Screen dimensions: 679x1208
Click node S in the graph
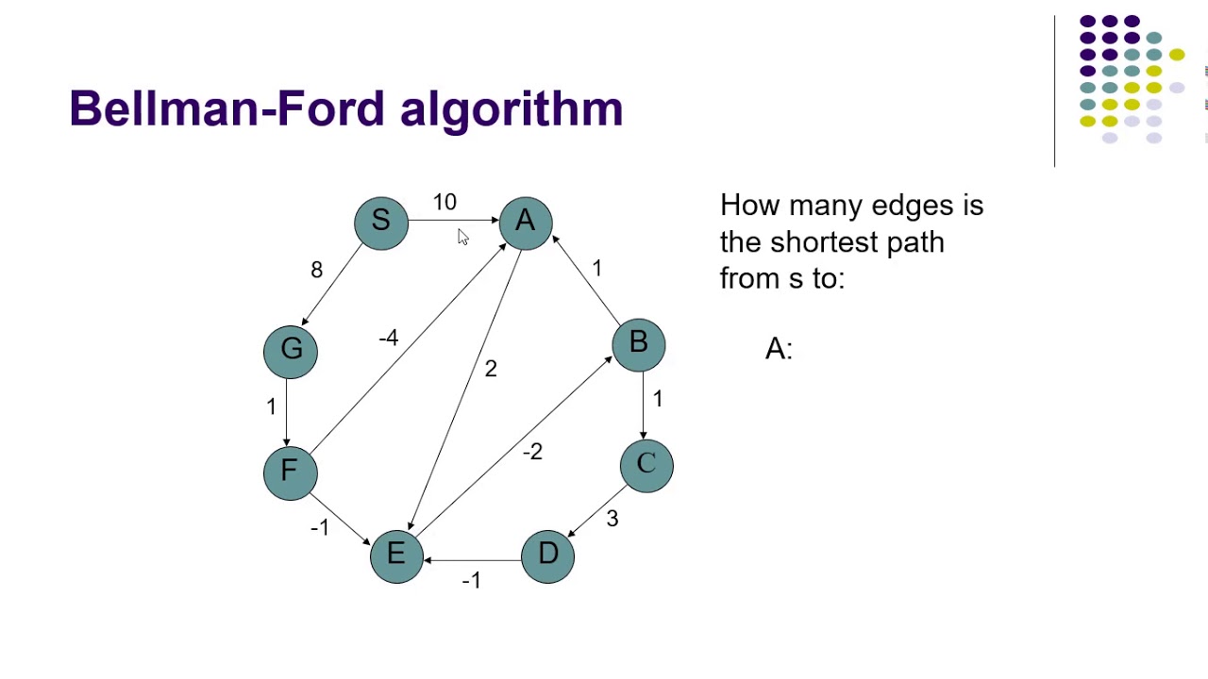381,223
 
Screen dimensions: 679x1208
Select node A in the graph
526,223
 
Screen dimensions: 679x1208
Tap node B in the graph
639,344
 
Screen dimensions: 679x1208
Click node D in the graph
547,555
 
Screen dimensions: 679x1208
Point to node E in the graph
396,555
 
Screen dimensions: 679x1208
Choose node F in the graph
290,472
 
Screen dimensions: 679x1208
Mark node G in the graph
291,351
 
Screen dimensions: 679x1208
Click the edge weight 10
445,203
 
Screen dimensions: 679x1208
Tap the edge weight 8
316,271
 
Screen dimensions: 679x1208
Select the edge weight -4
388,338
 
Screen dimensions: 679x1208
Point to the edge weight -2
532,452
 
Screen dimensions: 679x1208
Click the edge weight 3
612,519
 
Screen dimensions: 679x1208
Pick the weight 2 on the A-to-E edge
491,369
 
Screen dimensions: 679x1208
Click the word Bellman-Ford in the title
226,109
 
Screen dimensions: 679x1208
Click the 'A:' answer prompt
779,349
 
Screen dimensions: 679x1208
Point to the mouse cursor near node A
462,237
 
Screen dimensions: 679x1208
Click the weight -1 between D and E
471,581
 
